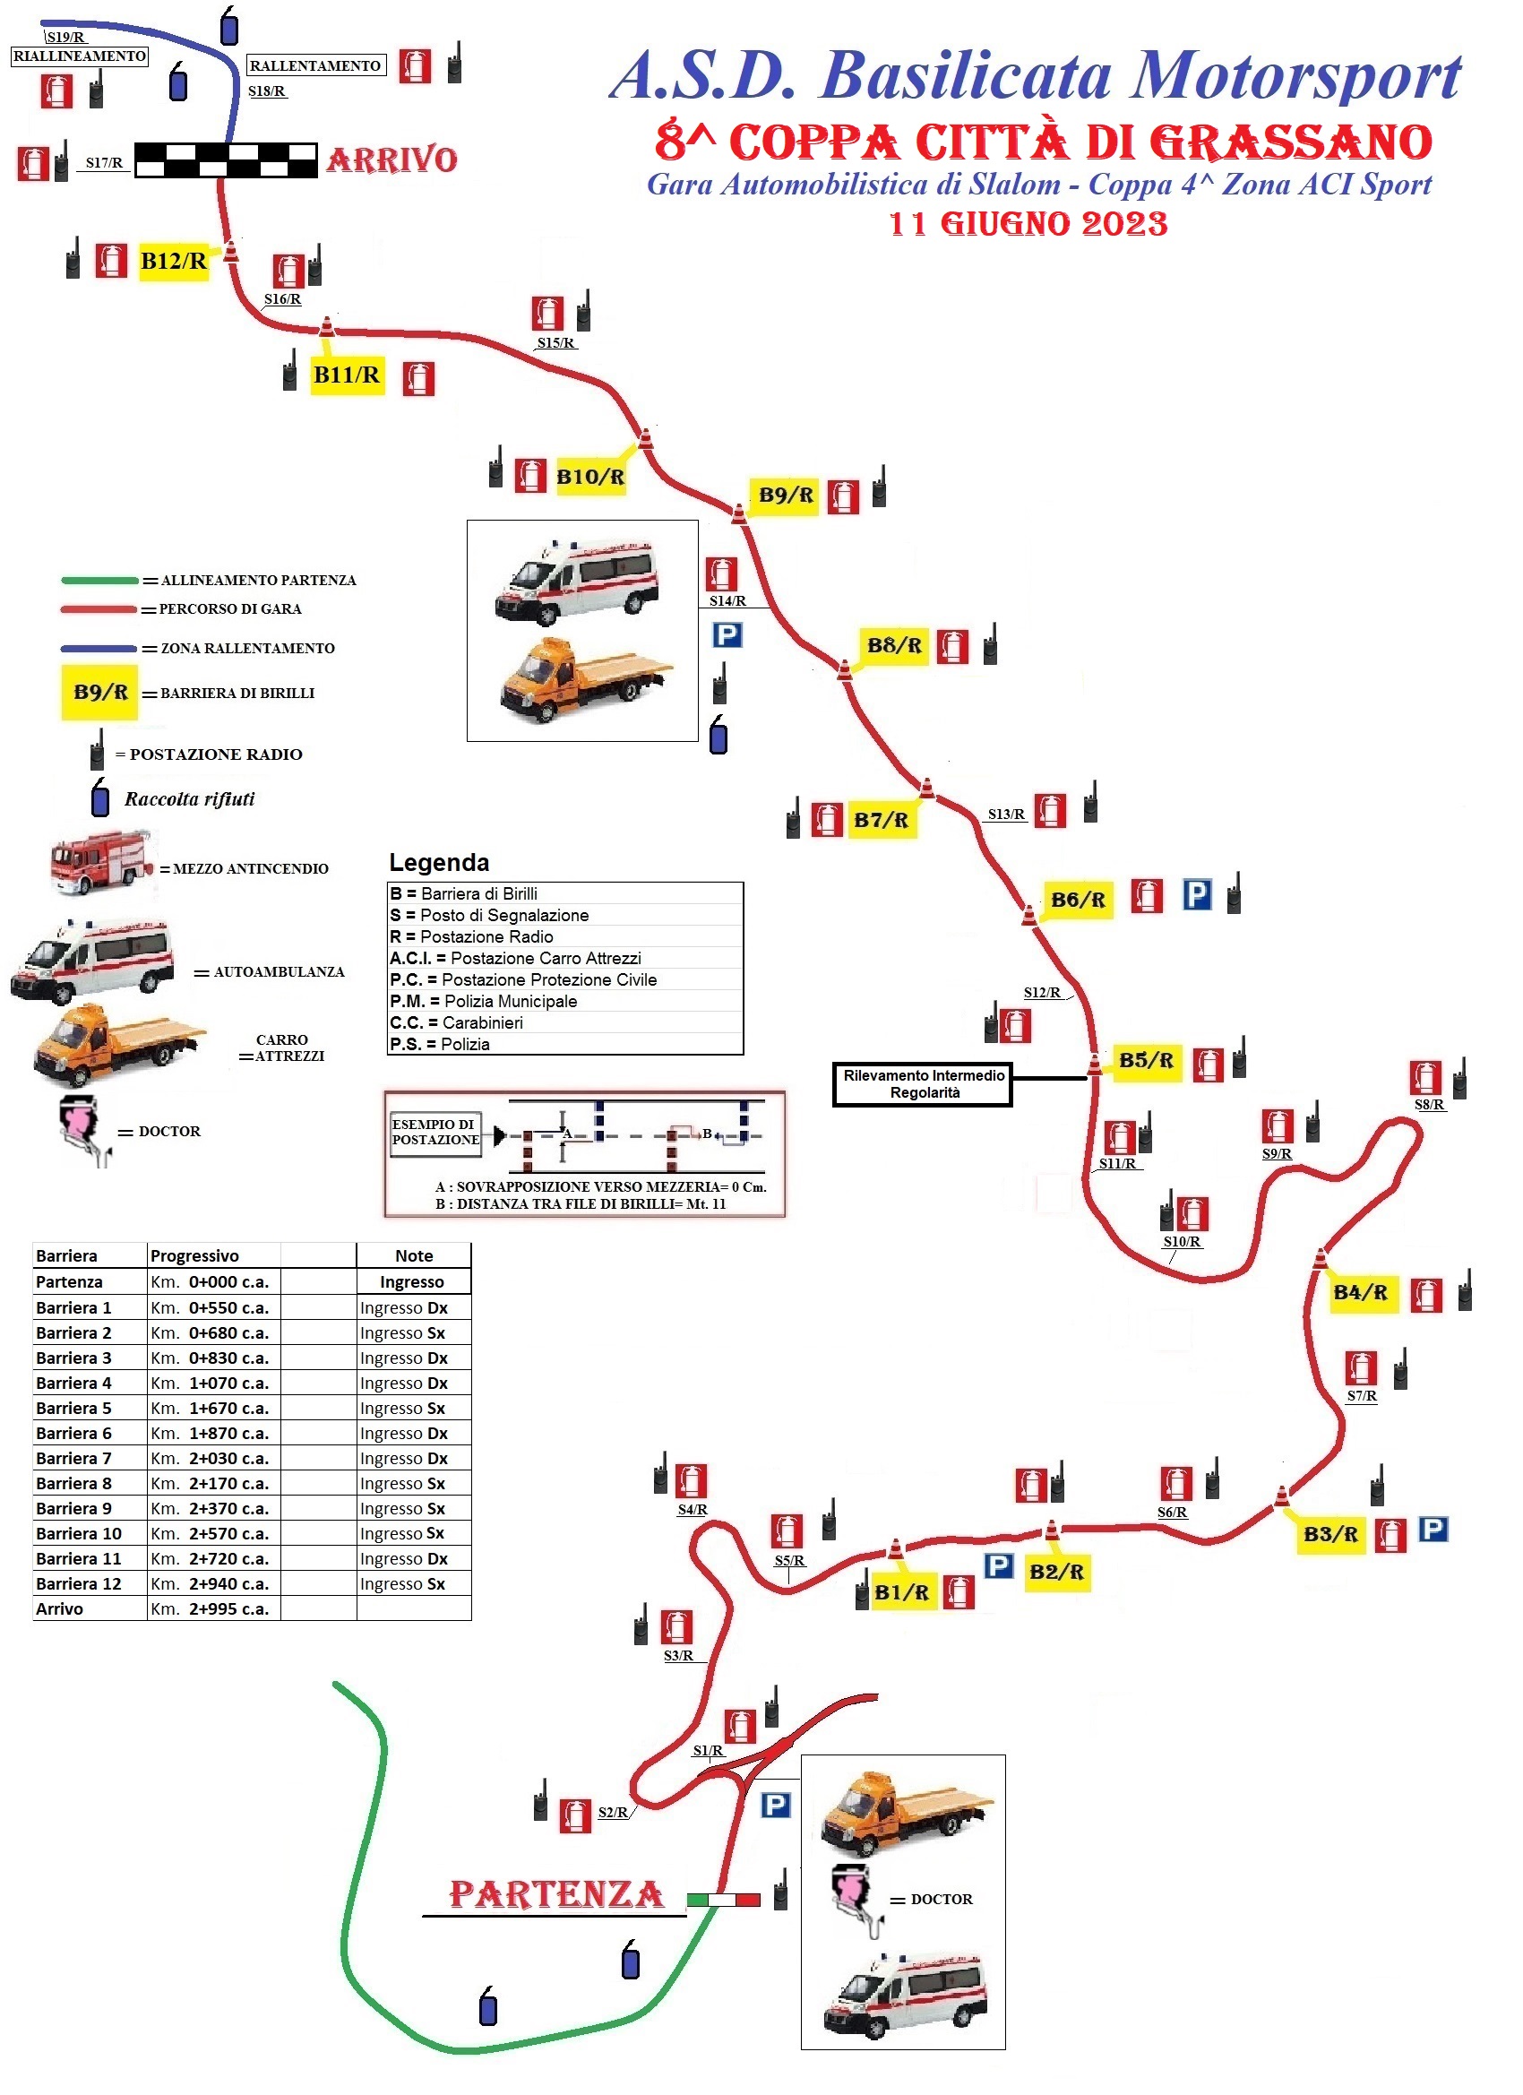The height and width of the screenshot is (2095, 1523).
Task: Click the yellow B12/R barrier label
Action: pyautogui.click(x=174, y=262)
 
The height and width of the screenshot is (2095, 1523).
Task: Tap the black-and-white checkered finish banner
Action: pyautogui.click(x=227, y=159)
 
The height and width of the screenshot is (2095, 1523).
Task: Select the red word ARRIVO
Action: pyautogui.click(x=392, y=159)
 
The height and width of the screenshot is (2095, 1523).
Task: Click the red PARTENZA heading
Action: pyautogui.click(x=556, y=1894)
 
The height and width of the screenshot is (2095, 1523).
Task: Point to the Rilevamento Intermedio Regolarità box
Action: pyautogui.click(x=923, y=1083)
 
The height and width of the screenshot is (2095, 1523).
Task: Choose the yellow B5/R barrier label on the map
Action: pyautogui.click(x=1146, y=1060)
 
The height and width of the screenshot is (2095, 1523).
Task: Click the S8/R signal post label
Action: pyautogui.click(x=1429, y=1105)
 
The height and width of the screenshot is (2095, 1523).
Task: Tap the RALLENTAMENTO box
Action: pyautogui.click(x=316, y=65)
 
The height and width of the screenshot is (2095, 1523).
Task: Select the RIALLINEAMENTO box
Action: pyautogui.click(x=80, y=56)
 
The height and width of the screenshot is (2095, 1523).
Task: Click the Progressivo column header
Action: pyautogui.click(x=195, y=1255)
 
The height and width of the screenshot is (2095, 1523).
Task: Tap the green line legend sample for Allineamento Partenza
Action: pyautogui.click(x=99, y=581)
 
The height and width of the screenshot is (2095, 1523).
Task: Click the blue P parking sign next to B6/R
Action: pyautogui.click(x=1197, y=894)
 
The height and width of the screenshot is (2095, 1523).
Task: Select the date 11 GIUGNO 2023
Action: pyautogui.click(x=1028, y=224)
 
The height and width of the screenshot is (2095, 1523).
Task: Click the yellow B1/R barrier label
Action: pyautogui.click(x=901, y=1591)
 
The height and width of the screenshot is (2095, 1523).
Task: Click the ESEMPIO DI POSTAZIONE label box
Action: pyautogui.click(x=436, y=1132)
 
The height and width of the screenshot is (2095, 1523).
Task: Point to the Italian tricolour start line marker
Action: pyautogui.click(x=723, y=1900)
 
